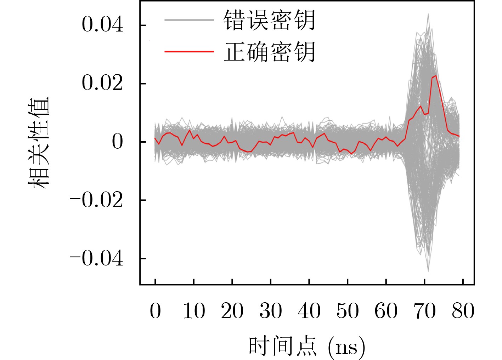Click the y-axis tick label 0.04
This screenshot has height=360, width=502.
(102, 25)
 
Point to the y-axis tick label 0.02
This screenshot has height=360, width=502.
(102, 84)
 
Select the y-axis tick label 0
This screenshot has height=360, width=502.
(117, 142)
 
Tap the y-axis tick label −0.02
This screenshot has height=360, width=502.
(97, 200)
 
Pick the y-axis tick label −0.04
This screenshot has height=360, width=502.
(97, 259)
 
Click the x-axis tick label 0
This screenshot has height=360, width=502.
(155, 312)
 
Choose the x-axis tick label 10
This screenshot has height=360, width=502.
(194, 312)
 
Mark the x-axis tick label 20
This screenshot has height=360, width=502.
(232, 312)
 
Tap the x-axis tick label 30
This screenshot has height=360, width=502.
(271, 312)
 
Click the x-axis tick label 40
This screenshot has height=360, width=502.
(309, 312)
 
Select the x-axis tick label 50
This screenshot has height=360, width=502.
(348, 312)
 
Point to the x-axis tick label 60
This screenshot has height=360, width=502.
(386, 312)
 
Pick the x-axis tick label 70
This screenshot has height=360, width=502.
(424, 312)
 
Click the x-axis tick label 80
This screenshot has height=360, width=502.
(463, 312)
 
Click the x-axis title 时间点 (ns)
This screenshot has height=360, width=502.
(306, 346)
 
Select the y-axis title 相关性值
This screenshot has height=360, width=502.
(38, 142)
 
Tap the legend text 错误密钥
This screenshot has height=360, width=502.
(269, 20)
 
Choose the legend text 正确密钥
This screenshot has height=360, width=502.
(269, 52)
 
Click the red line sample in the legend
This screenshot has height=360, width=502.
(189, 52)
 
